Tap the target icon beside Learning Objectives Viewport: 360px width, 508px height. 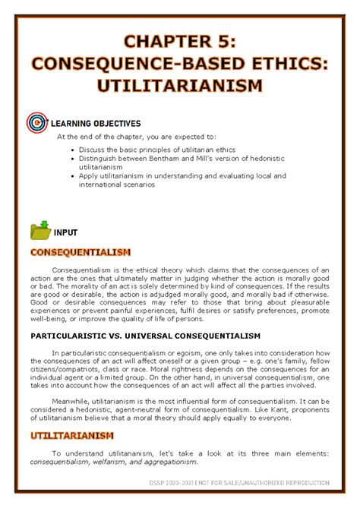click(36, 122)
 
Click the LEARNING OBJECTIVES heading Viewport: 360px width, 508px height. click(95, 123)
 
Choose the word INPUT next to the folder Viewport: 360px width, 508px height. click(76, 232)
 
